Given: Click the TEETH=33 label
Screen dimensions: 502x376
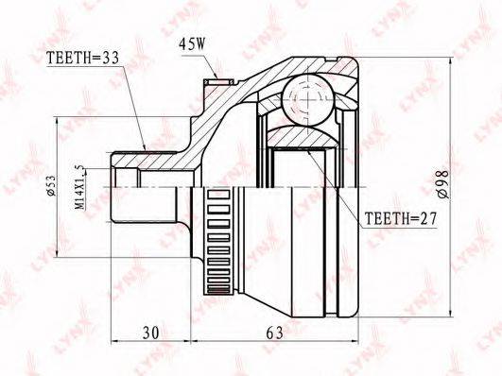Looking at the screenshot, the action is point(82,58).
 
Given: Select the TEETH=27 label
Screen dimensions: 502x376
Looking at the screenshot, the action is point(401,218).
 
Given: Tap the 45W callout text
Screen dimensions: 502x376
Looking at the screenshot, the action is point(192,44).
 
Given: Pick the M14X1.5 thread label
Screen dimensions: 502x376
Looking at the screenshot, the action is point(80,187).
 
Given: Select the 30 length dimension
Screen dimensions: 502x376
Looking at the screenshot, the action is point(151,333).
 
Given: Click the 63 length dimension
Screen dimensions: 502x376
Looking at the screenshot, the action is point(275,333).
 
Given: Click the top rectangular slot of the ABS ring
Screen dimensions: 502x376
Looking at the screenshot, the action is point(218,195).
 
